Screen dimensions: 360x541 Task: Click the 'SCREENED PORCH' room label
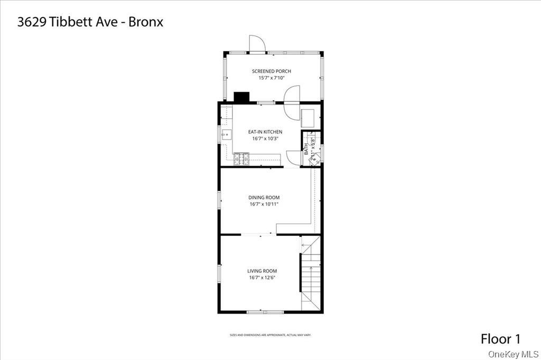coord(271,71)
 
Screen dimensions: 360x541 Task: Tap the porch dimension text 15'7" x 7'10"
coord(271,78)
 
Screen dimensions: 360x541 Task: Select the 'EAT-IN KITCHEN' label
coord(265,132)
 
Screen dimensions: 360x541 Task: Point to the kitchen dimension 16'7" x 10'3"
coord(265,139)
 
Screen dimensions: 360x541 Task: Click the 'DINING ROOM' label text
coord(264,197)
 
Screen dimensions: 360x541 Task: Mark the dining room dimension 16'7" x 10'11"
coord(264,204)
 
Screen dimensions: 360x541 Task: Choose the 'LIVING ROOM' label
coord(262,271)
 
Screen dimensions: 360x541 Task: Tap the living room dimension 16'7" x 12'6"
coord(262,278)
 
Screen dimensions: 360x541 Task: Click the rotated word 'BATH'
coord(306,149)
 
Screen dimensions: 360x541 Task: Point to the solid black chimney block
coord(241,97)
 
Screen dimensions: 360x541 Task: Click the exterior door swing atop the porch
coord(257,44)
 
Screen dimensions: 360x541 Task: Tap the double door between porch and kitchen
coord(292,102)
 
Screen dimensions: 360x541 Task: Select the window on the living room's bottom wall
coord(265,312)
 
